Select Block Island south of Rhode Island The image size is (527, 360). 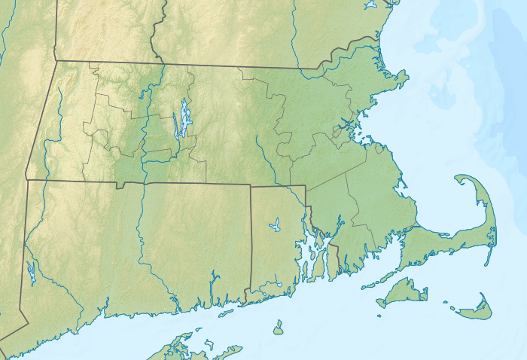tap(278, 328)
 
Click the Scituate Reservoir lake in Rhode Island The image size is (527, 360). tap(275, 224)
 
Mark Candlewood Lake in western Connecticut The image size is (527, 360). tap(31, 272)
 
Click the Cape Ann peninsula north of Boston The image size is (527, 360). tap(399, 77)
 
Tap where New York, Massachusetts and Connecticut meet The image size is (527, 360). tap(27, 180)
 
